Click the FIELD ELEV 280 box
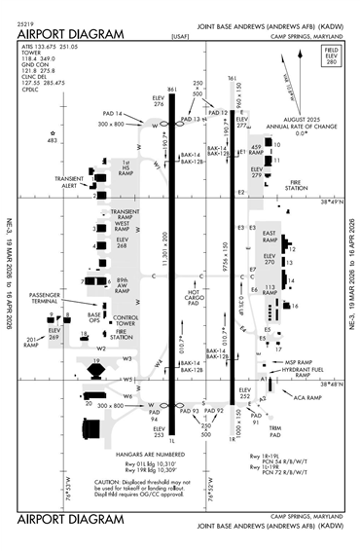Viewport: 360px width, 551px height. click(x=330, y=81)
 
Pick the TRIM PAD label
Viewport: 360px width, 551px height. click(x=275, y=432)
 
